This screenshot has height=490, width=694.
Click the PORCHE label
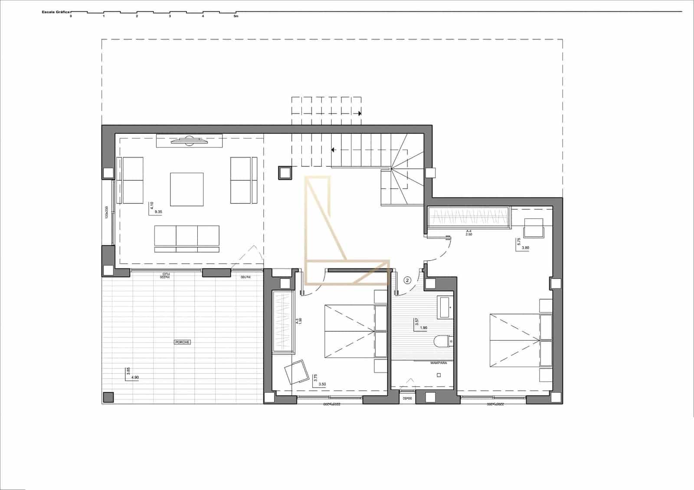point(182,342)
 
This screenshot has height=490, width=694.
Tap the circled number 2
point(407,280)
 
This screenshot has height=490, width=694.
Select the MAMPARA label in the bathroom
point(439,363)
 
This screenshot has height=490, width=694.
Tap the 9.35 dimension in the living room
point(158,212)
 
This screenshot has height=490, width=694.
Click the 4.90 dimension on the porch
point(134,377)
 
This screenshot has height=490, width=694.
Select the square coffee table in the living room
point(187,189)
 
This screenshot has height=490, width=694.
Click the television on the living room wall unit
point(189,140)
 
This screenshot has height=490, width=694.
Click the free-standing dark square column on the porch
point(108,397)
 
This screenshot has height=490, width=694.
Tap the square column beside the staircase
point(285,173)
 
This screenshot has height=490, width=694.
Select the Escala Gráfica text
point(56,12)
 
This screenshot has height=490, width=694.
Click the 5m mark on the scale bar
point(236,16)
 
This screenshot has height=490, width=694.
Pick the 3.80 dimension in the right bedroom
point(525,248)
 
